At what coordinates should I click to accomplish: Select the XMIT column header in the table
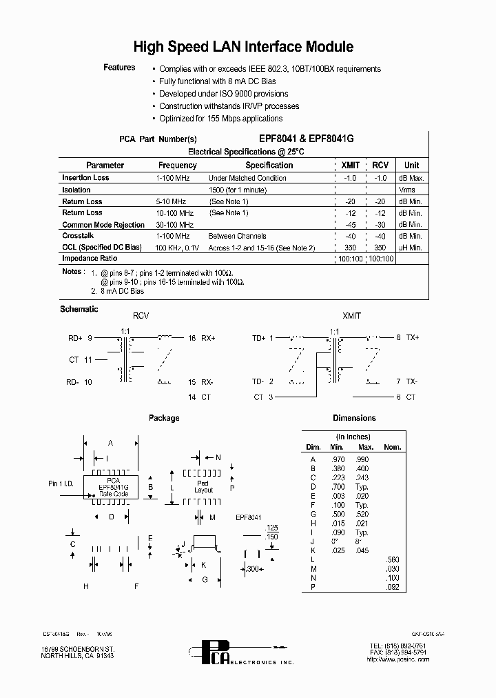pos(351,166)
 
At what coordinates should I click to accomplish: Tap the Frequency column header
pos(177,166)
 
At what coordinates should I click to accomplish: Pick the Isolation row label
pos(76,190)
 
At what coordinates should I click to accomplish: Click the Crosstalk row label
pos(77,236)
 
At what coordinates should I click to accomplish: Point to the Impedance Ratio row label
pos(90,259)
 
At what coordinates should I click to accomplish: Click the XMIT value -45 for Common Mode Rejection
pos(351,225)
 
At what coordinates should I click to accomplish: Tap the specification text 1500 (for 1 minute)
pos(237,190)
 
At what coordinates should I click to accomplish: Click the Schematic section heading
pos(79,309)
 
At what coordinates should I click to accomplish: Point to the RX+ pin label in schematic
pos(207,338)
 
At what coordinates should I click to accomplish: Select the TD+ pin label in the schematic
pos(258,338)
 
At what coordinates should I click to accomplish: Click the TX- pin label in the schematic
pos(411,381)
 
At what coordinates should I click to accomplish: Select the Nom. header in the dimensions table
pos(393,448)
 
